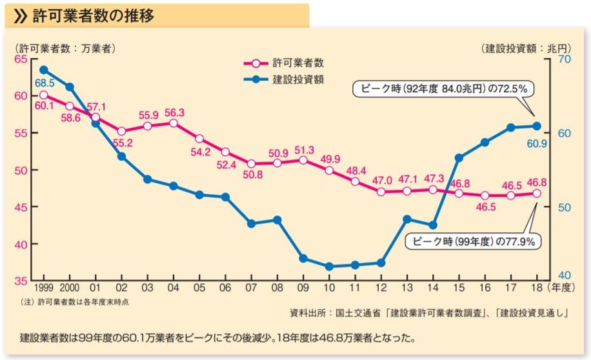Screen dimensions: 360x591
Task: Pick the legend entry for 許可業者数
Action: [297, 63]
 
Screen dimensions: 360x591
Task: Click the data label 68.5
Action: [45, 84]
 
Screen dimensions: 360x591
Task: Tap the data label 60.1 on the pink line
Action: [45, 106]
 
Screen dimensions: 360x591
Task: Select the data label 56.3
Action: [174, 112]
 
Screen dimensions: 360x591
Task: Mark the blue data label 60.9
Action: [537, 143]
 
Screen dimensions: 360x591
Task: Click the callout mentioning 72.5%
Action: [441, 88]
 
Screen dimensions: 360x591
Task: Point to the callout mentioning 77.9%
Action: [472, 241]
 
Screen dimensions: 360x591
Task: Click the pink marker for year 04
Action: [173, 123]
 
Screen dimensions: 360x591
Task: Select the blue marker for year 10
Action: [329, 266]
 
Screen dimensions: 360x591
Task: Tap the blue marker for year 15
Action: [459, 157]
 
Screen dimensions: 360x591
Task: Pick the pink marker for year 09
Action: [303, 159]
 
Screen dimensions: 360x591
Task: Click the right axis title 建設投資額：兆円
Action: [526, 48]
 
